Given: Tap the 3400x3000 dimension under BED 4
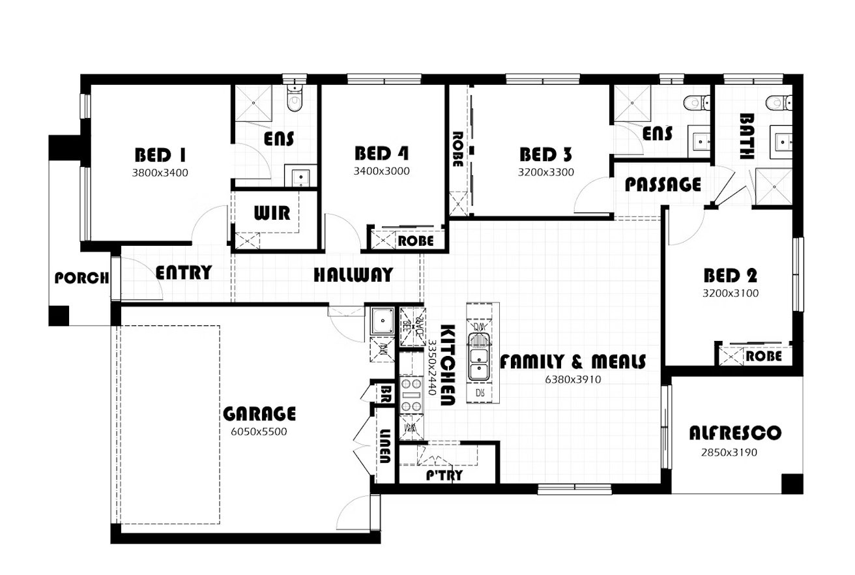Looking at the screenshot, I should pos(381,171).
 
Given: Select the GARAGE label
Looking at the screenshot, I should pos(259,414).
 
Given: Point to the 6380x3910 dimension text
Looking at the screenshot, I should pos(573,378).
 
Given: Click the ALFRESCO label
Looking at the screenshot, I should pos(735,433).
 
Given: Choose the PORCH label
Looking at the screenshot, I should pos(81,278).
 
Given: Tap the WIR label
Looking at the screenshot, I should pos(272,213).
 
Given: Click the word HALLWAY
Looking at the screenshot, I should pos(353,274).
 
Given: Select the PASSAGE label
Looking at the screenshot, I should pos(663,184).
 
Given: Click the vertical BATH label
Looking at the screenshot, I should pos(747,137).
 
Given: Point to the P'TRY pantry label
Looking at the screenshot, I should pos(444,475).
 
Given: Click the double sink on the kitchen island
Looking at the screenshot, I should pos(479,357).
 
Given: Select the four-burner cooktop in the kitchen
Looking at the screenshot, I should pos(411,394).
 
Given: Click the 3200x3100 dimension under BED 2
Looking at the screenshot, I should pos(730,293).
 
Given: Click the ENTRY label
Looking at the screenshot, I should pos(184,272).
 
